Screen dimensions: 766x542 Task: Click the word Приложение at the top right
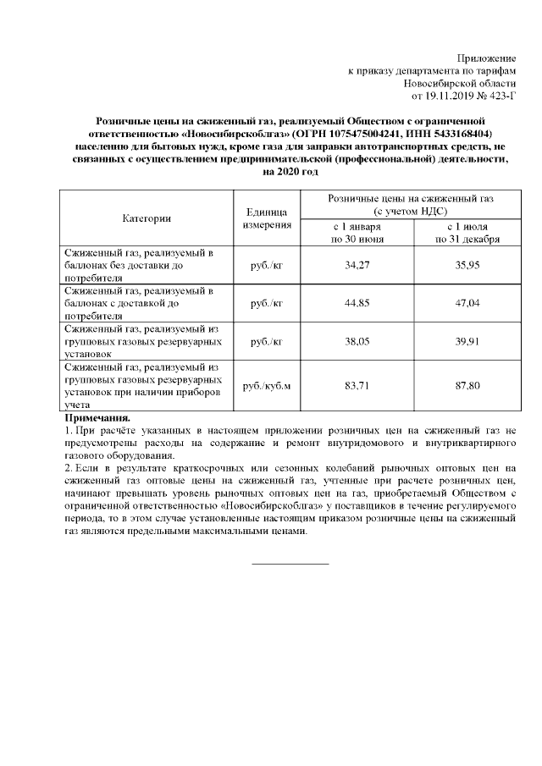(486, 57)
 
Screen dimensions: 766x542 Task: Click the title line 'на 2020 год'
(290, 172)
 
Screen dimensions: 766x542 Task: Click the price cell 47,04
(467, 304)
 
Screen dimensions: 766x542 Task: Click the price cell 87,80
(467, 386)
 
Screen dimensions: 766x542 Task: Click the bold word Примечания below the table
(97, 418)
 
